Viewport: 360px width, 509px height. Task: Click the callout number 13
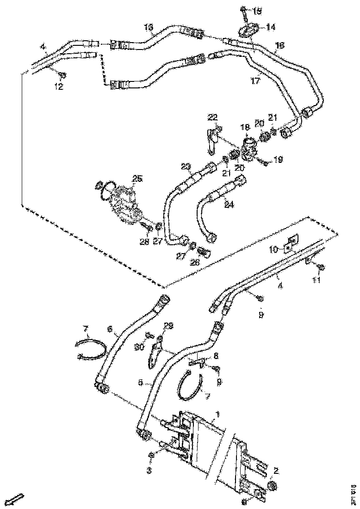(x=148, y=27)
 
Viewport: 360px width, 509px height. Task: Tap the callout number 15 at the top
(x=256, y=10)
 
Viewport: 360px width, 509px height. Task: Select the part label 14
(x=270, y=27)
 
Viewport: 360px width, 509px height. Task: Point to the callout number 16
(x=280, y=45)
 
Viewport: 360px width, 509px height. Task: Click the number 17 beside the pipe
(x=255, y=80)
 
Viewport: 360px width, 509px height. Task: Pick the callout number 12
(x=58, y=86)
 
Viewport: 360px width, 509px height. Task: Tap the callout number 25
(x=137, y=178)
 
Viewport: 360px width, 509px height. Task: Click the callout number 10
(x=274, y=249)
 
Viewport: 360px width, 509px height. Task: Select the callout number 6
(x=110, y=329)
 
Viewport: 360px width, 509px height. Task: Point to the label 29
(x=168, y=326)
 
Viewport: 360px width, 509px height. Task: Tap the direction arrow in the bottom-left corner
(x=16, y=499)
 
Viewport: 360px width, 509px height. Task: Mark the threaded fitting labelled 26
(x=204, y=252)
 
